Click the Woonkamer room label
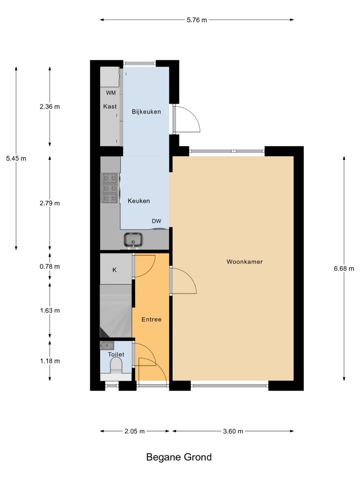point(245,262)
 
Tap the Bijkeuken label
point(146,111)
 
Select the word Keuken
point(139,201)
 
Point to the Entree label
point(151,319)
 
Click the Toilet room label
point(116,355)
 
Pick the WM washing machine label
point(111,93)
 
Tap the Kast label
point(110,107)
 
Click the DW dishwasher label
point(156,221)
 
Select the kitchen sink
point(133,239)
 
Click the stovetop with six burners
point(110,188)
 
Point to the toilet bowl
point(116,366)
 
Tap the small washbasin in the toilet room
point(107,345)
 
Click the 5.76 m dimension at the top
point(197,20)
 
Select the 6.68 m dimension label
point(344,268)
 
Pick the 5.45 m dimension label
point(16,158)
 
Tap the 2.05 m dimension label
point(135,431)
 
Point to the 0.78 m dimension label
point(50,266)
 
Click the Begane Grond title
point(179,457)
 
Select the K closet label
point(114,270)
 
